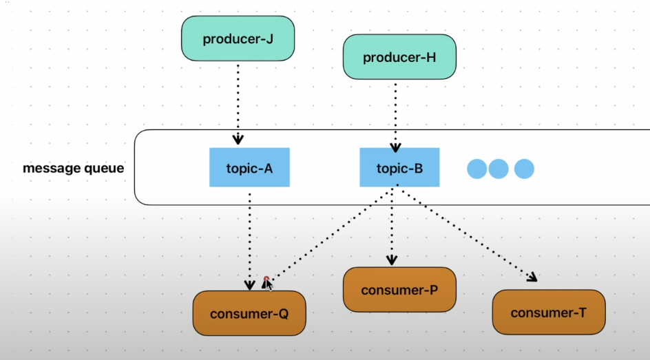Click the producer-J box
pos(238,39)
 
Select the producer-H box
pos(399,56)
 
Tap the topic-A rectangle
pos(249,167)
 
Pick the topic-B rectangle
pos(399,167)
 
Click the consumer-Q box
pos(249,313)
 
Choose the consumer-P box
pos(399,290)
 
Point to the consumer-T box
pos(549,312)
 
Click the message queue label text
pos(74,168)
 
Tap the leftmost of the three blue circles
pos(477,169)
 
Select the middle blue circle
pos(499,169)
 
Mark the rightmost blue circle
pos(525,169)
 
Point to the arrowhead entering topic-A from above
pos(238,139)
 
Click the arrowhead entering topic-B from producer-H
pos(395,147)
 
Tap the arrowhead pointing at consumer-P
pos(392,260)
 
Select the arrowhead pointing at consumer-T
pos(533,277)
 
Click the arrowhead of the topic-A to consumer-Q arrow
pos(249,285)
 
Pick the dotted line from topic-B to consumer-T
pos(467,233)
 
